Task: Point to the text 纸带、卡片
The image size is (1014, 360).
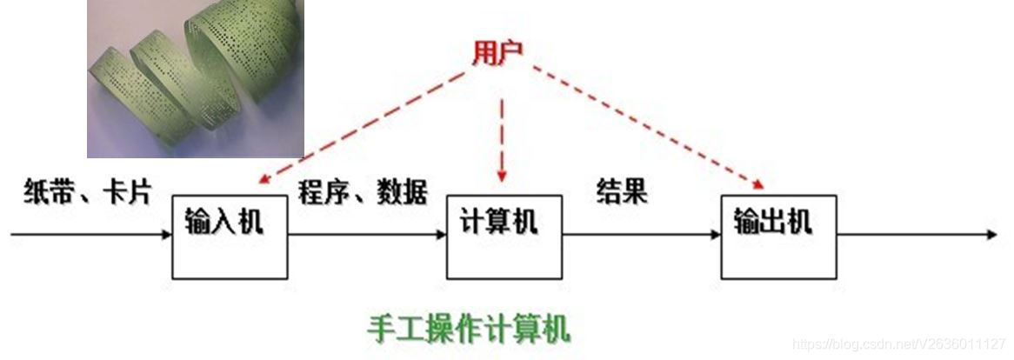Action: (x=88, y=191)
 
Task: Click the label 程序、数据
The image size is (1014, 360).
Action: (x=363, y=191)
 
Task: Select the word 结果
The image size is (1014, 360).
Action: (x=622, y=191)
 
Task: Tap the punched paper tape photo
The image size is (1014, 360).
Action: (x=195, y=79)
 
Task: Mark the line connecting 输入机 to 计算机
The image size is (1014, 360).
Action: (x=365, y=234)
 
